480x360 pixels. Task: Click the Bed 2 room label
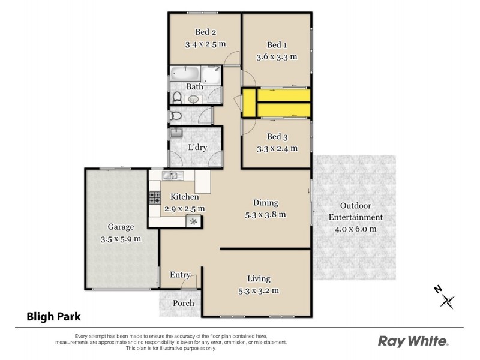(205, 32)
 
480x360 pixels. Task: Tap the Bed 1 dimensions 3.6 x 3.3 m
(277, 57)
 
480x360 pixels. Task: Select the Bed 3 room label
(277, 136)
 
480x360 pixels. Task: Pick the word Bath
(194, 87)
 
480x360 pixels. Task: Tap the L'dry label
(197, 148)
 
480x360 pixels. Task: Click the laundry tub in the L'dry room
(176, 133)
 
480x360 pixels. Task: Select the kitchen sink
(170, 176)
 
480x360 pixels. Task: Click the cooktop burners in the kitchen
(154, 196)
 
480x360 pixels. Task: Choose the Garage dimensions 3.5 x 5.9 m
(121, 238)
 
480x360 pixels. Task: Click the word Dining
(265, 203)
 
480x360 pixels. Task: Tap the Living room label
(259, 279)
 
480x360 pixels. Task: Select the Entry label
(180, 275)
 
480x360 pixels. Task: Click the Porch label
(184, 303)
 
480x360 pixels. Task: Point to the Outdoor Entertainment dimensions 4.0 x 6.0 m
(354, 229)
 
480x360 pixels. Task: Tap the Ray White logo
(413, 341)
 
